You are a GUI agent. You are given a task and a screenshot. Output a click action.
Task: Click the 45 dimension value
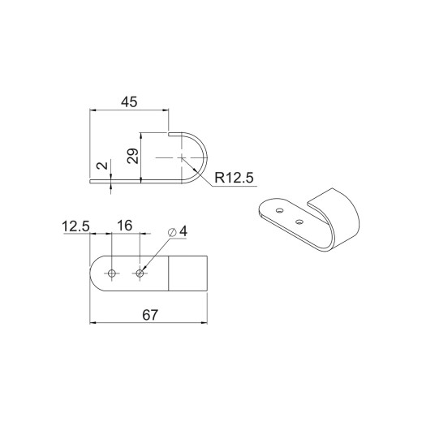[129, 102]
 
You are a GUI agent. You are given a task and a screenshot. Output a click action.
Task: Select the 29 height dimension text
[133, 156]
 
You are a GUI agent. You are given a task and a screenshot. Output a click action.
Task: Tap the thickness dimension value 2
[102, 166]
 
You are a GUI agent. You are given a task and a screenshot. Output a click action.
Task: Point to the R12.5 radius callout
[235, 178]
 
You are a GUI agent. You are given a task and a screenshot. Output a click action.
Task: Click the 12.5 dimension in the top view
[75, 226]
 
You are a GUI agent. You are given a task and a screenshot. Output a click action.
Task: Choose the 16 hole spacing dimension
[124, 226]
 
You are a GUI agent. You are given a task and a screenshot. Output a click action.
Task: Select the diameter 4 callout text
[178, 231]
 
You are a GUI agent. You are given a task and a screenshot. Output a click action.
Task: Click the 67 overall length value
[150, 315]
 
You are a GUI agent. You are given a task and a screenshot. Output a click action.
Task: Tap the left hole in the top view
[112, 273]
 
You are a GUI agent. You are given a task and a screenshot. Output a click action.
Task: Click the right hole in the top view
[140, 273]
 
